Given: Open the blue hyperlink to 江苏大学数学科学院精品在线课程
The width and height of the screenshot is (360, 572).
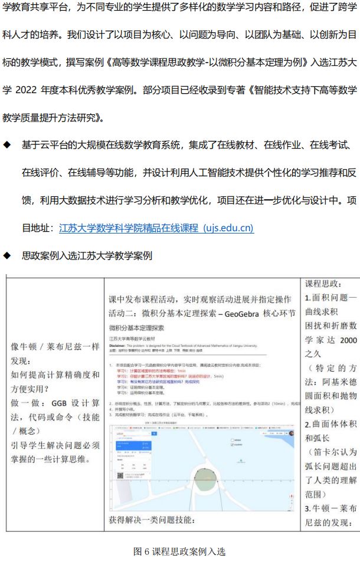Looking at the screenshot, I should pyautogui.click(x=156, y=228).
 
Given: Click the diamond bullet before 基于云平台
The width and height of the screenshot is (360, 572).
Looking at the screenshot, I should pyautogui.click(x=7, y=145).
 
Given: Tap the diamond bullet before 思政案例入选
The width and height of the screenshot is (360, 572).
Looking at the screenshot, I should pyautogui.click(x=7, y=256).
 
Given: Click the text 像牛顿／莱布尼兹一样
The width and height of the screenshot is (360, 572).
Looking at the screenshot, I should pyautogui.click(x=55, y=346).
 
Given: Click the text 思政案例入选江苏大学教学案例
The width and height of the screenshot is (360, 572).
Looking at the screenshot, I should pyautogui.click(x=87, y=256).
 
